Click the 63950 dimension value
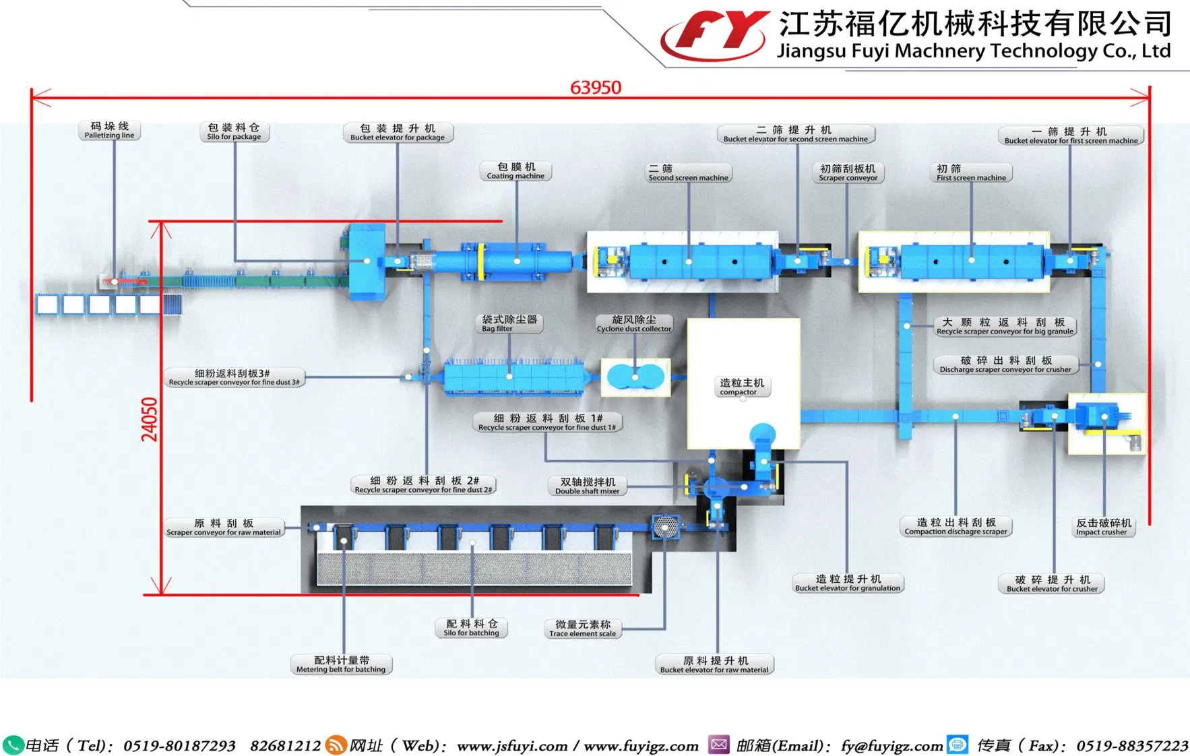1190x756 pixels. point(596,88)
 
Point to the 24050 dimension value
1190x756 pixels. point(150,419)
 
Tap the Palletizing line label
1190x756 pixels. point(109,131)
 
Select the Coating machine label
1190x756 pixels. point(515,171)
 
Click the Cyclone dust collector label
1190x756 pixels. point(633,324)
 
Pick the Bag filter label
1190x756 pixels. point(509,323)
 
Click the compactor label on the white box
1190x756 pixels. point(741,387)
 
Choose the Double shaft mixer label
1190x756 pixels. point(588,486)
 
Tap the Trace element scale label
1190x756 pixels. point(582,629)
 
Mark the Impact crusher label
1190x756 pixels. point(1103,527)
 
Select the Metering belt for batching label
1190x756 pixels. point(341,664)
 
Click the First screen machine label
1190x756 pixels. point(971,173)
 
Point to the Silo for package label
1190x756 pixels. point(234,131)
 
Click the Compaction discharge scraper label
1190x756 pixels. point(956,526)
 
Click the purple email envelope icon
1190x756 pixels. point(719,745)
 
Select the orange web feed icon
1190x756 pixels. point(335,745)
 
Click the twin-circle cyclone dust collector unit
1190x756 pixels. point(635,377)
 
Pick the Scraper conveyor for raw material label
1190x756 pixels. point(224,528)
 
